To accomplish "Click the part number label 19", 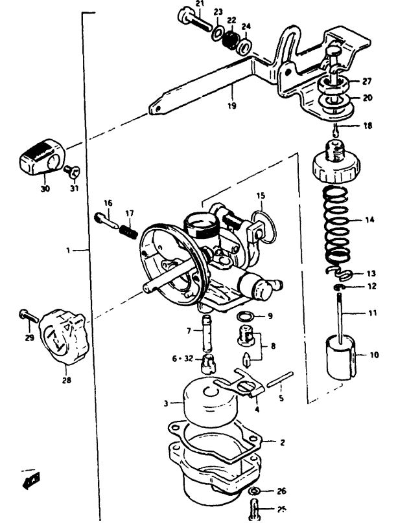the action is (x=231, y=106).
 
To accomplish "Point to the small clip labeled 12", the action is (x=338, y=287).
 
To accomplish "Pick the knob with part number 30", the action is (x=42, y=157).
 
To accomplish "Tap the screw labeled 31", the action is (x=72, y=172).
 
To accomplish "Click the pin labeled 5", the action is (x=279, y=379).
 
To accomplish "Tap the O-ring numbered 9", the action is (x=246, y=317).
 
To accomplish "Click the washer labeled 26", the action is (x=254, y=491).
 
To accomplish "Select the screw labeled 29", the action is (x=29, y=316).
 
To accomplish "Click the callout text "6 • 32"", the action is (x=183, y=359).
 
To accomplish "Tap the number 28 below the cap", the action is (x=66, y=380).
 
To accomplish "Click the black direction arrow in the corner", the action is (x=31, y=480).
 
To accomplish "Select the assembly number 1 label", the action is (x=68, y=250).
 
